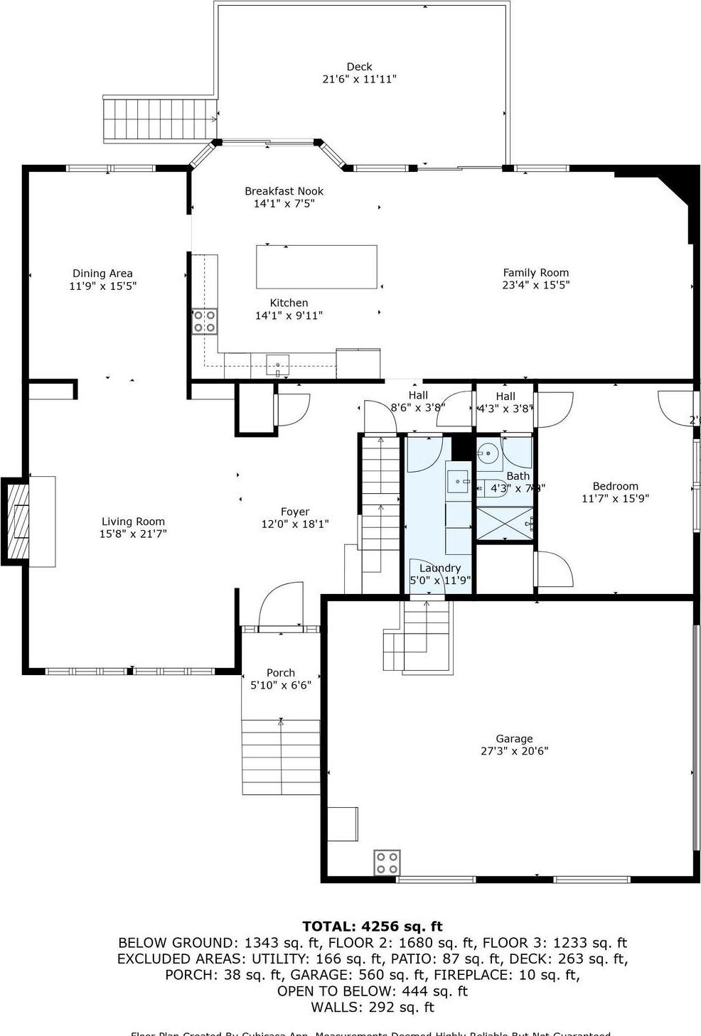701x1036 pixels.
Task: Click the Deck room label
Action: click(359, 67)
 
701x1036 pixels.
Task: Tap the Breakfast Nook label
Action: click(284, 191)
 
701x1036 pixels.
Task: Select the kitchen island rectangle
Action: click(316, 266)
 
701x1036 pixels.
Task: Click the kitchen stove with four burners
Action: click(205, 321)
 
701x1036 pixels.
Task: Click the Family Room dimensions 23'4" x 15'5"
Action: click(535, 286)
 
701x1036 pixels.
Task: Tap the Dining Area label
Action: click(102, 274)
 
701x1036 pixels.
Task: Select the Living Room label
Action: click(133, 522)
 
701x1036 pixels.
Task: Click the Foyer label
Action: click(294, 512)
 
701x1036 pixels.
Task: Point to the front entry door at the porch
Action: click(281, 608)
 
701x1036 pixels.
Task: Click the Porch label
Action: click(280, 673)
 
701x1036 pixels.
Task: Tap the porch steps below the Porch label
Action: click(281, 757)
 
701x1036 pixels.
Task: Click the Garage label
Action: click(514, 739)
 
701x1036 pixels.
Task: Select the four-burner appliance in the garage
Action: click(387, 863)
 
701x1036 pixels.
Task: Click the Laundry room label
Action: click(439, 568)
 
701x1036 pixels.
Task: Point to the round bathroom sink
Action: click(488, 453)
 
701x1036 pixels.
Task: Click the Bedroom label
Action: click(615, 487)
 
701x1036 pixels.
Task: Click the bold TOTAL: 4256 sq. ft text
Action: click(372, 927)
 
